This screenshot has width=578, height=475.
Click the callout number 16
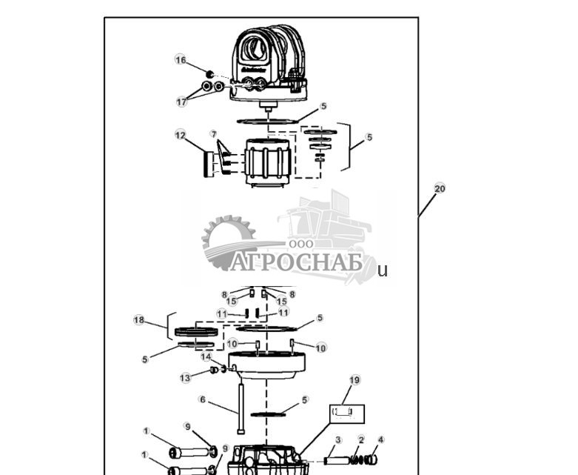(181, 60)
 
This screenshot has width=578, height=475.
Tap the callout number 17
(181, 102)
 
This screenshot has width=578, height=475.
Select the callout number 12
(180, 135)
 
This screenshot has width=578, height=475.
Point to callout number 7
(213, 134)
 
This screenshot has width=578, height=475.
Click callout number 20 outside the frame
(440, 188)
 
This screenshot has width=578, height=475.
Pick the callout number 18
(139, 319)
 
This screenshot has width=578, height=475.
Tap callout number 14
(206, 356)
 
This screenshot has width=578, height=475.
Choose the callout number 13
(185, 378)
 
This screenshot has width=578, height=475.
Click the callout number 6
(202, 399)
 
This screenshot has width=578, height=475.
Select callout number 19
(354, 380)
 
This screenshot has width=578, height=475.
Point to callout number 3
(337, 439)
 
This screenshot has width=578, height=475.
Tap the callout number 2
(361, 439)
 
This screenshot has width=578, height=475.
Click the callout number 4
(381, 439)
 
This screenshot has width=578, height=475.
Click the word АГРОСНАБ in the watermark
(297, 262)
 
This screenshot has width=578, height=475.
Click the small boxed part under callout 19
(346, 411)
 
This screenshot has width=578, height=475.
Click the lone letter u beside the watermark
(382, 270)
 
